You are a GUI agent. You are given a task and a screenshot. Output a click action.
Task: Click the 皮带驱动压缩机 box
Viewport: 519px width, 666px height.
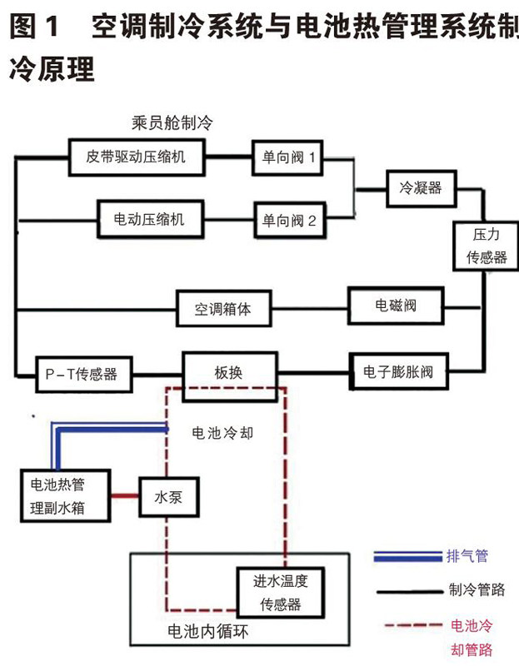pyautogui.click(x=137, y=156)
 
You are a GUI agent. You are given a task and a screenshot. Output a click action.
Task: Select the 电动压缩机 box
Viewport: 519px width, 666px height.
pyautogui.click(x=149, y=220)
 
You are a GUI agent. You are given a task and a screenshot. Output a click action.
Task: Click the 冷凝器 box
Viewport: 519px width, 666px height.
pyautogui.click(x=415, y=189)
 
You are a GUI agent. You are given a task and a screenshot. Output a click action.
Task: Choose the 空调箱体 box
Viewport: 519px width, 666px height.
pyautogui.click(x=222, y=311)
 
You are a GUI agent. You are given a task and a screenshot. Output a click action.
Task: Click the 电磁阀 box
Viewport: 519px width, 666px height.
pyautogui.click(x=396, y=306)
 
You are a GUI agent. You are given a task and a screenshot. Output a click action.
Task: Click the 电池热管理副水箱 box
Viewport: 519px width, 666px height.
pyautogui.click(x=63, y=495)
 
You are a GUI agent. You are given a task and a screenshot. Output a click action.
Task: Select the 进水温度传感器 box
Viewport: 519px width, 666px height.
pyautogui.click(x=279, y=591)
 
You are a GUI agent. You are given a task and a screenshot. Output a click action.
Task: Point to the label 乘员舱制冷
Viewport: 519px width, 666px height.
pyautogui.click(x=172, y=122)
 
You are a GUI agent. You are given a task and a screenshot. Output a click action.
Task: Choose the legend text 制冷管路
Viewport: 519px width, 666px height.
pyautogui.click(x=477, y=591)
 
